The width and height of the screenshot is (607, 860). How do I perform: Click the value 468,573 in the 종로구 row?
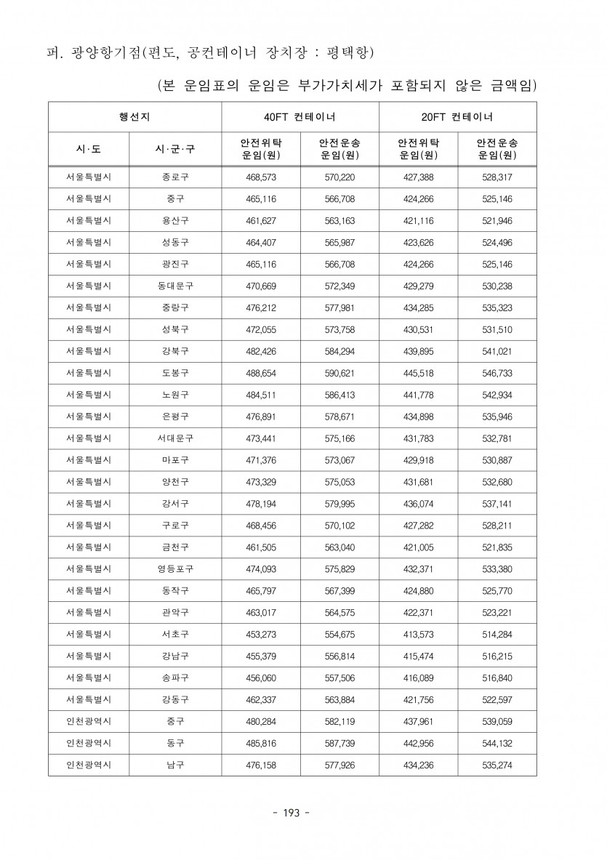pos(261,177)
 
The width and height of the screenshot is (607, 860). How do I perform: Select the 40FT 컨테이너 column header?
pos(300,116)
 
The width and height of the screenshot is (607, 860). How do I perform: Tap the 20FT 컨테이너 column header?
pos(457,116)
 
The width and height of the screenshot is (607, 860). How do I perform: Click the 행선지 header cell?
pos(134,116)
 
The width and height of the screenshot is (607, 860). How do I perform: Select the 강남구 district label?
pos(174,656)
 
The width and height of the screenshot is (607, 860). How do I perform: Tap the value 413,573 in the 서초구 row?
pos(418,635)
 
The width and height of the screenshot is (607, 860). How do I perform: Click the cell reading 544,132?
pos(497,744)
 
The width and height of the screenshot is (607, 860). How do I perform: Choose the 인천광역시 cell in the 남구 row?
pos(88,765)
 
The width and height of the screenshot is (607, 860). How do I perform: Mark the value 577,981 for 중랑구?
pos(339,308)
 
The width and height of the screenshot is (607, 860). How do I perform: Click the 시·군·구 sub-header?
pos(174,149)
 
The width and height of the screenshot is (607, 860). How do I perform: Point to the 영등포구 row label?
pos(174,568)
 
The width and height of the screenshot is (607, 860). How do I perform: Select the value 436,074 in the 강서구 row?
pos(418,503)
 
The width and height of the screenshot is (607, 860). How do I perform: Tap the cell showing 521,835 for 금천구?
pos(497,547)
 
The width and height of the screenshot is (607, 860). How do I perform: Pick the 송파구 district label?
pos(174,678)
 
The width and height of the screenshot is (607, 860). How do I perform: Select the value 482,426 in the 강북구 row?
pos(261,350)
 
